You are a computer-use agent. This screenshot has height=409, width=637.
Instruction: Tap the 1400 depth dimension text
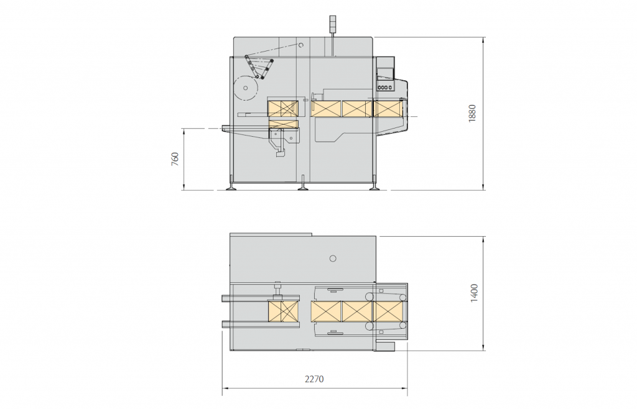[x=474, y=293]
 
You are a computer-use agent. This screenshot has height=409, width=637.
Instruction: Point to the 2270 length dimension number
[x=314, y=379]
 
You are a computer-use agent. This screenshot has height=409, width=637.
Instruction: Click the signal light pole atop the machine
[x=332, y=24]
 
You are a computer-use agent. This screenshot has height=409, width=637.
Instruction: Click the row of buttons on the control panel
[x=385, y=87]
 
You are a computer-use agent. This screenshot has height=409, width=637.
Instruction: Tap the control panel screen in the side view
[x=386, y=73]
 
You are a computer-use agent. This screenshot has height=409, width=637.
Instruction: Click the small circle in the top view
[x=333, y=258]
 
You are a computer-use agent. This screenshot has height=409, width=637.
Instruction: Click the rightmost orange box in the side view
[x=388, y=109]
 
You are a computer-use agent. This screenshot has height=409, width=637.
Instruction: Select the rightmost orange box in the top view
[x=388, y=311]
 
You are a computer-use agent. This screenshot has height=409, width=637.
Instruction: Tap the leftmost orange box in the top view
[x=282, y=311]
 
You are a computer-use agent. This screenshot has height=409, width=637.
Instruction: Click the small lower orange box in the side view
[x=283, y=124]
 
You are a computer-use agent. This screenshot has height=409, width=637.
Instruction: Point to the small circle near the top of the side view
[x=300, y=45]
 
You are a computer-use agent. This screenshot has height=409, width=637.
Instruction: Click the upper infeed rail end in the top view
[x=226, y=298]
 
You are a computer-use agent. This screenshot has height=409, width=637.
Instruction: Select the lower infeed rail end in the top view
[x=226, y=324]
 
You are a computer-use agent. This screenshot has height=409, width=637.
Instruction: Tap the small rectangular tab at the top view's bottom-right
[x=386, y=345]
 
